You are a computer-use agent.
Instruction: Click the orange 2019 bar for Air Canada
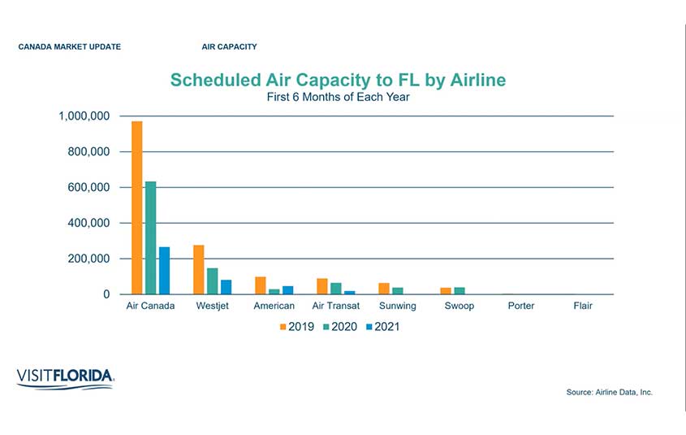[137, 207]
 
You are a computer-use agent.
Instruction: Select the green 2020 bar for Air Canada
[151, 237]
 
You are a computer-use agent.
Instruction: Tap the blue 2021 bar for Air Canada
[164, 271]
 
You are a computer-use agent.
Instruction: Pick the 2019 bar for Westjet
[199, 269]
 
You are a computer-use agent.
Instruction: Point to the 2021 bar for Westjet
[226, 287]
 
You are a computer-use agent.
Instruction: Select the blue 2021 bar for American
[287, 290]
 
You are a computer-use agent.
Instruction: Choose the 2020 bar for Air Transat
[336, 289]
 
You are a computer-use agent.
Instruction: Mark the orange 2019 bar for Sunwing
[384, 289]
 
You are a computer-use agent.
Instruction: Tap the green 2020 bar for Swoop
[459, 291]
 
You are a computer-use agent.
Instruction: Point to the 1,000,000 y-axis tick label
[84, 116]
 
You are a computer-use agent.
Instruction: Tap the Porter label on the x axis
[520, 307]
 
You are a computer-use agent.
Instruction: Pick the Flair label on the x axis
[582, 307]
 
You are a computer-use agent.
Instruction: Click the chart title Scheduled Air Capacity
[338, 80]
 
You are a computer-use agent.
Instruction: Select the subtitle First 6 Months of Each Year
[338, 98]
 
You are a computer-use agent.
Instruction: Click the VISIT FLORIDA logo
[65, 377]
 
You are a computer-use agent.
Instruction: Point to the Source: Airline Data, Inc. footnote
[609, 393]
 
